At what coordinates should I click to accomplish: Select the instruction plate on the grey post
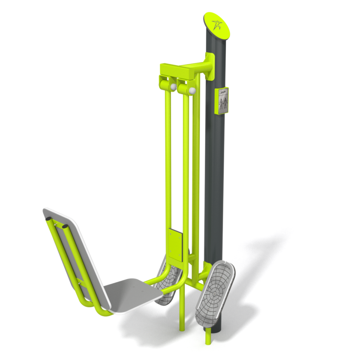point(222,101)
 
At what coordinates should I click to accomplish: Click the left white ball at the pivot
point(173,87)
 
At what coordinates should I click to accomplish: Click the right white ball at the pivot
point(192,90)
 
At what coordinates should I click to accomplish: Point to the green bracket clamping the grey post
point(210,66)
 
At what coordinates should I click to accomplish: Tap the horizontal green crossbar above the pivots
point(184,69)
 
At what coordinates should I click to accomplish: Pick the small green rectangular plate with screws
point(175,244)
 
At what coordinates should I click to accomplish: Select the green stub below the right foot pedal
point(208,337)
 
